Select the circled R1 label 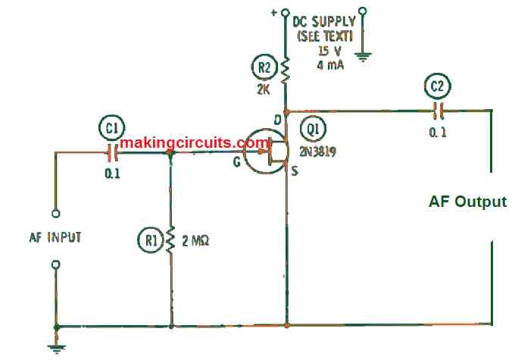151,242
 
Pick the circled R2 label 264,69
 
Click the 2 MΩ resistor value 195,242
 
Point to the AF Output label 467,202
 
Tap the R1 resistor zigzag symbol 172,240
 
